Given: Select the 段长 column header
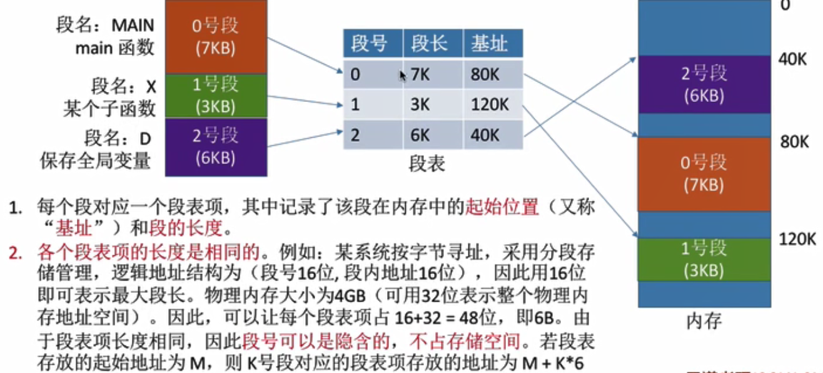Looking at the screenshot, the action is tap(428, 44).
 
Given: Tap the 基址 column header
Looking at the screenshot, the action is tap(489, 44).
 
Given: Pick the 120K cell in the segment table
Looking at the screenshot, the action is tap(490, 105).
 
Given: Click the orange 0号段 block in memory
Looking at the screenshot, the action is tap(704, 173).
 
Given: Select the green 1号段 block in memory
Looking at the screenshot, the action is tap(704, 259).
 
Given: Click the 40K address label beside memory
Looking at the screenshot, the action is tap(793, 60).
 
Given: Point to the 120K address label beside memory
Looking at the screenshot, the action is tap(798, 238).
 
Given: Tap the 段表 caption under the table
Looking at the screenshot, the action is tap(427, 164).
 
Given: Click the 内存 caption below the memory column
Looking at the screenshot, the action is tap(704, 322).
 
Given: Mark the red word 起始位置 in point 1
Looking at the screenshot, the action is tap(502, 207).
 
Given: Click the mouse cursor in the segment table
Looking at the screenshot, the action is tap(403, 76).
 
